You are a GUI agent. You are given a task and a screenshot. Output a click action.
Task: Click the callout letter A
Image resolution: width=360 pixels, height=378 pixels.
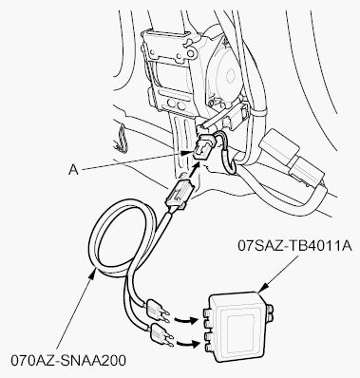pos(73,170)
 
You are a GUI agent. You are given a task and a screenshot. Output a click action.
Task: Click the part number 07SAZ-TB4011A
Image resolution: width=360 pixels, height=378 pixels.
pos(294,246)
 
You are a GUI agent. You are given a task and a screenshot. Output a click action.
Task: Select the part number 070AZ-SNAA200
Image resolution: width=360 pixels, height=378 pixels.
pos(68,360)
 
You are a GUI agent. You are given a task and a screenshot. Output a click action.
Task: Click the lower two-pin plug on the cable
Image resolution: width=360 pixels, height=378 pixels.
pos(160,335)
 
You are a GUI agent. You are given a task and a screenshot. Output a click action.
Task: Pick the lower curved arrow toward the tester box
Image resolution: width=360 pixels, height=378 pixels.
pos(187,344)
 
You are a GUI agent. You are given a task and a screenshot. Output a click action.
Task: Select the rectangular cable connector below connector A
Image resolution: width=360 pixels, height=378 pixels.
pos(179,193)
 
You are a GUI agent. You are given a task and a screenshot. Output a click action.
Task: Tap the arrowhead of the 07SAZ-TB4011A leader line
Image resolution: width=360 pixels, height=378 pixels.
pos(263,288)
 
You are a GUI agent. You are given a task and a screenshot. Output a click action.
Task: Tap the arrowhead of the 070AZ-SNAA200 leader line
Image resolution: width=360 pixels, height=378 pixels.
pos(93,273)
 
